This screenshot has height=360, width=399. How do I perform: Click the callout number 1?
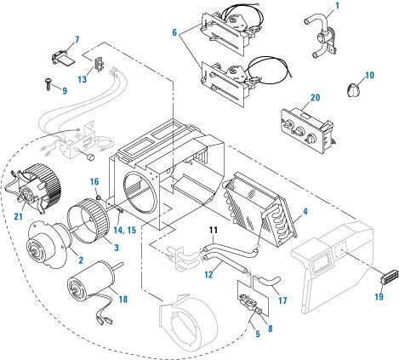click(x=337, y=5)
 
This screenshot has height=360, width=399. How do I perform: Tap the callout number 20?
click(x=316, y=97)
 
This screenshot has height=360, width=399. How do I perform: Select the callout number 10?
click(x=369, y=75)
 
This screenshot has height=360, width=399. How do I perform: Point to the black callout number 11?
click(x=214, y=230)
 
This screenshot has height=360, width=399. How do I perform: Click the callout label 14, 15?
click(x=125, y=230)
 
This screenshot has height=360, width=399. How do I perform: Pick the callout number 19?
click(x=379, y=297)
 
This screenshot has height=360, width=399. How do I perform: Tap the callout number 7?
click(x=77, y=39)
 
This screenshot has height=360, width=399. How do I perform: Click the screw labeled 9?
click(x=48, y=83)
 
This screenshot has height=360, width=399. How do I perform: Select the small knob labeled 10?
click(x=353, y=89)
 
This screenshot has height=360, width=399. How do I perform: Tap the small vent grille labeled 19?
click(x=389, y=276)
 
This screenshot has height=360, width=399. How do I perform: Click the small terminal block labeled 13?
click(x=98, y=65)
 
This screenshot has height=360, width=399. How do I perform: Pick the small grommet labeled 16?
click(x=99, y=197)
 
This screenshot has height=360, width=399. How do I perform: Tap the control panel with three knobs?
click(x=307, y=131)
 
